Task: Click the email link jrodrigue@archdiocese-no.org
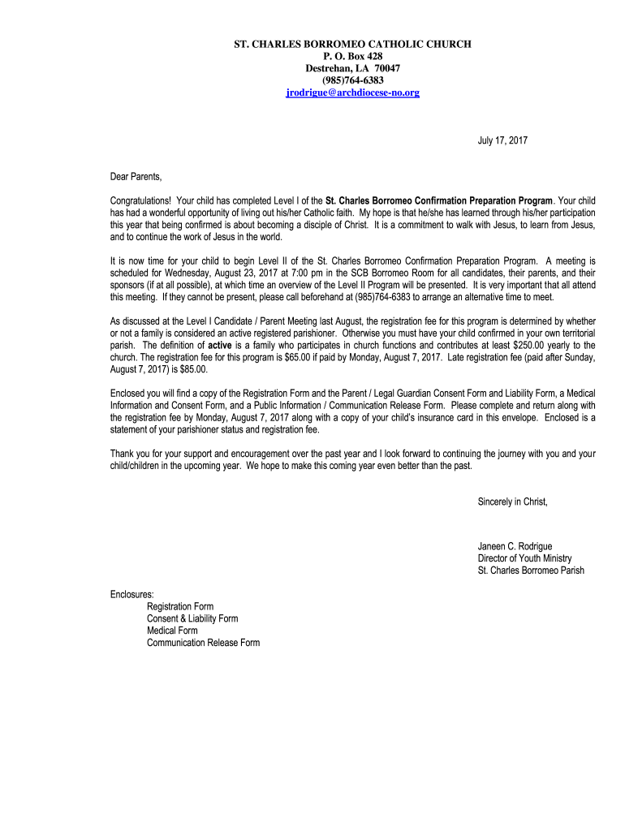352,93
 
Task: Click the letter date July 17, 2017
502,141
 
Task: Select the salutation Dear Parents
136,177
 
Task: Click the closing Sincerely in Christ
513,502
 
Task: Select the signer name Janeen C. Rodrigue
515,547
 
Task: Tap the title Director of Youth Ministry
524,558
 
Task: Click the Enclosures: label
132,595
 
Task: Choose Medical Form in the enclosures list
172,631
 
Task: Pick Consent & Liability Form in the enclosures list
192,618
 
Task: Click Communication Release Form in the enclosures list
203,643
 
